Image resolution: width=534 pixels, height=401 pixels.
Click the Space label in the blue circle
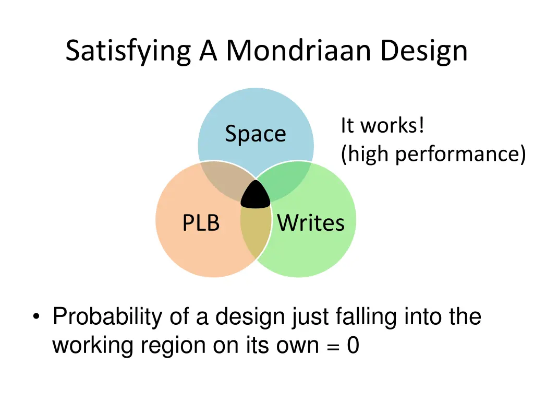pos(256,134)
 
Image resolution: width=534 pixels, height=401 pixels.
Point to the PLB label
pos(201,223)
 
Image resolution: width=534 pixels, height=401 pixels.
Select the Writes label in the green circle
pos(311,223)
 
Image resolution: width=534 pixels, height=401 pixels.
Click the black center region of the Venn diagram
pos(256,195)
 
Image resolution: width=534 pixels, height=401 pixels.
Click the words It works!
pos(382,126)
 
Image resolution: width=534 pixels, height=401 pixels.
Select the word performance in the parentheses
pos(459,155)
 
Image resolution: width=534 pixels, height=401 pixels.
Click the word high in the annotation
pos(367,155)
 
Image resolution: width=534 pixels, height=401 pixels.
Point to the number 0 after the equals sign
pos(353,346)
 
